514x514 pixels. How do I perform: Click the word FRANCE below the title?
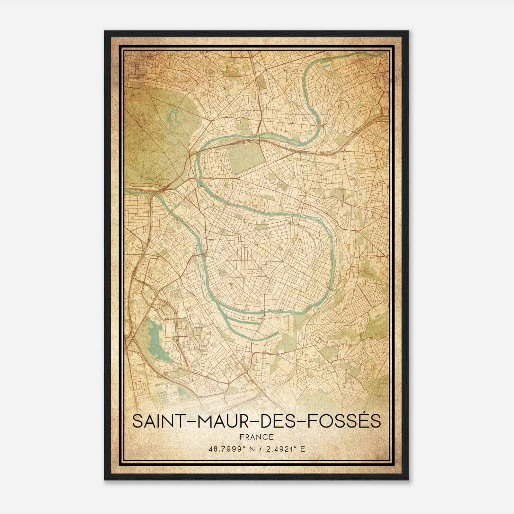tap(257, 437)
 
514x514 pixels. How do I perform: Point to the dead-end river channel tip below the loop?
tap(277, 333)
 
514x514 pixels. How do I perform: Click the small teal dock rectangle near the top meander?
tap(327, 66)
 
